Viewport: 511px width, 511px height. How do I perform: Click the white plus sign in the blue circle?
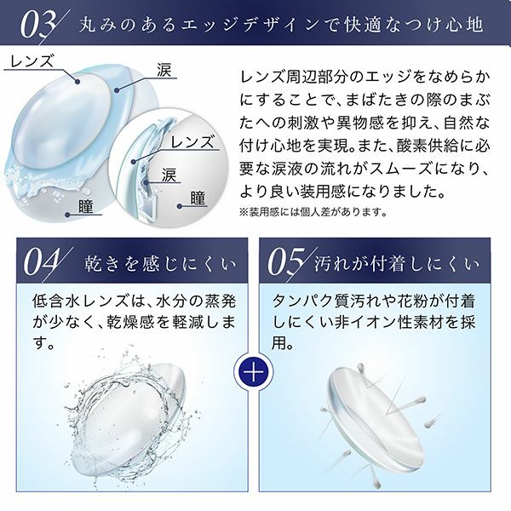255,372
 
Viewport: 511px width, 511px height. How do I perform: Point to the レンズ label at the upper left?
32,61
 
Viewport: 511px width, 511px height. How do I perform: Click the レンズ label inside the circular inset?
192,142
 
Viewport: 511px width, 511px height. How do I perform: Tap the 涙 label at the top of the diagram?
164,70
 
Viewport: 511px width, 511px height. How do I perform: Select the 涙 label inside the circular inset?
169,175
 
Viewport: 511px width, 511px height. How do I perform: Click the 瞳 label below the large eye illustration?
86,206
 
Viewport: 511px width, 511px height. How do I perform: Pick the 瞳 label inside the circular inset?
198,198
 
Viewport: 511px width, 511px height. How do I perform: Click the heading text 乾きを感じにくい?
160,264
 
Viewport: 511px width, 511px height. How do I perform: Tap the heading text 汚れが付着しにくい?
397,264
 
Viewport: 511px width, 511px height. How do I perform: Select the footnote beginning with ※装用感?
313,212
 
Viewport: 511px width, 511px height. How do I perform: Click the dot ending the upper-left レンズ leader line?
78,82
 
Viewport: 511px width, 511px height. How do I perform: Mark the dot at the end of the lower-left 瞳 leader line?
67,215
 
